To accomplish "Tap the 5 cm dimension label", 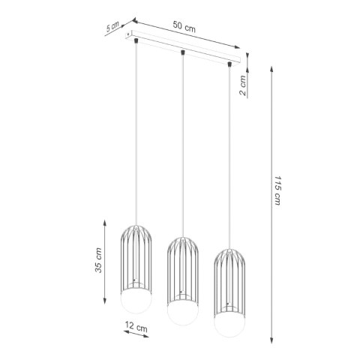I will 112,28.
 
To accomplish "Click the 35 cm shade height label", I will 99,261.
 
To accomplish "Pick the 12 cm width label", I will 137,328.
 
